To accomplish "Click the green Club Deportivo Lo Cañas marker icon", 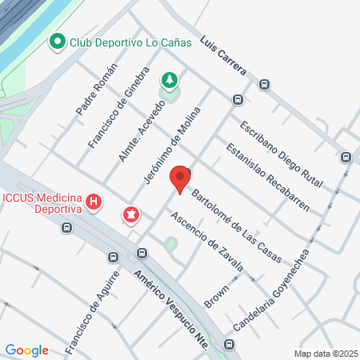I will pos(57,42).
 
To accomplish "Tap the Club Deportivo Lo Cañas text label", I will pos(130,43).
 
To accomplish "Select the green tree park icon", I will pos(169,80).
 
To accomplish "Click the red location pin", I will pos(182,179).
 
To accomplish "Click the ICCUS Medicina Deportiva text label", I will pos(43,203).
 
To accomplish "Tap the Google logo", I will pos(27,350).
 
